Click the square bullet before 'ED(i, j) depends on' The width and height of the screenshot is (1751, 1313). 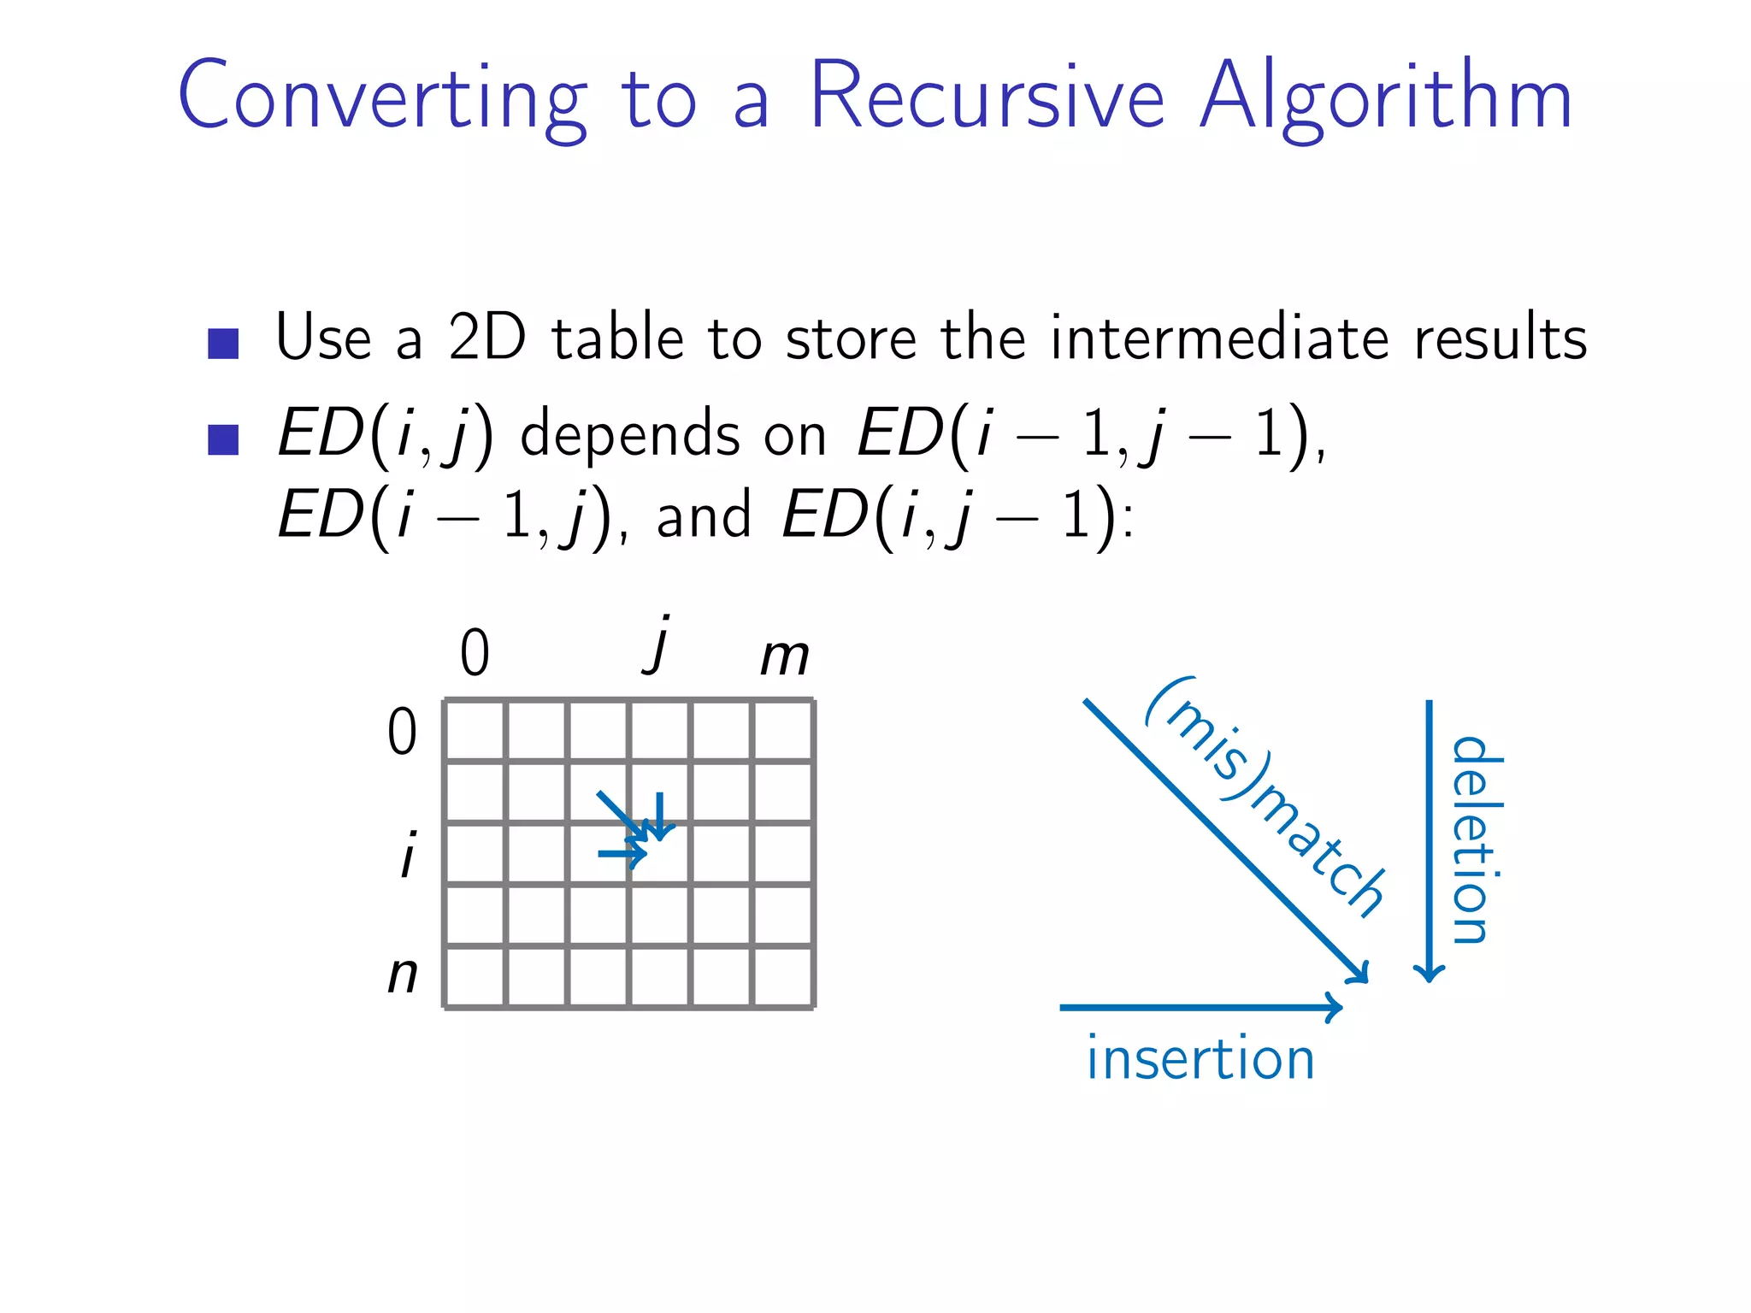pos(223,439)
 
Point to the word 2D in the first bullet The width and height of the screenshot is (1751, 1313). pos(486,338)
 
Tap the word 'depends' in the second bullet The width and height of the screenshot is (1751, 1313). pos(630,435)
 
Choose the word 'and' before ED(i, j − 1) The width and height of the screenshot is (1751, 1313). pos(704,516)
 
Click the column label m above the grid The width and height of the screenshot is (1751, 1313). pos(785,656)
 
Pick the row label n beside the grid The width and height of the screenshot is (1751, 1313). pos(403,974)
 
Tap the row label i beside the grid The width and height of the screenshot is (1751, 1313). pos(409,854)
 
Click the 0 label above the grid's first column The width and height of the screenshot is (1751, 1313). pos(475,654)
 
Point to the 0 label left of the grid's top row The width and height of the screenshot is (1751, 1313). pos(402,732)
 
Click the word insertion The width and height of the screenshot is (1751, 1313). pos(1200,1059)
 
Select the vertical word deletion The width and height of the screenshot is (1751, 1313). pos(1477,839)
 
